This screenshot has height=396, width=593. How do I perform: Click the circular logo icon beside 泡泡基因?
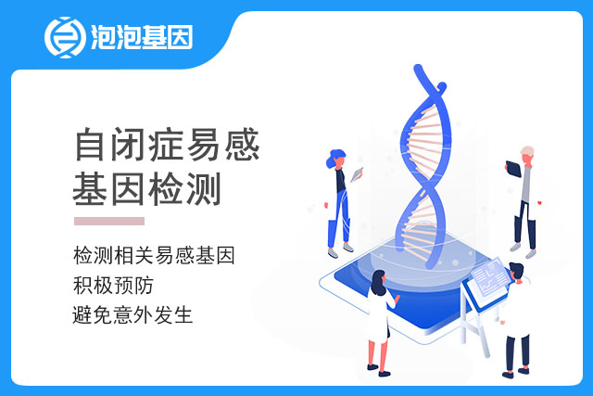[x=65, y=37]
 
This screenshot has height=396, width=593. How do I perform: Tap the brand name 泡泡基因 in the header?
[x=142, y=37]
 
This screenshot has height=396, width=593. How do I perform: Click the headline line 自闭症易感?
[x=167, y=145]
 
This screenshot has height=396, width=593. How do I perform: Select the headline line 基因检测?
[x=146, y=189]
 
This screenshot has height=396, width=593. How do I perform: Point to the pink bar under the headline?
[x=109, y=221]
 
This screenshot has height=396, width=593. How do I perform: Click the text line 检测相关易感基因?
[x=154, y=255]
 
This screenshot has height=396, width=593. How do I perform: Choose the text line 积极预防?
[x=113, y=285]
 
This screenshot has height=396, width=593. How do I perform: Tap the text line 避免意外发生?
[x=132, y=315]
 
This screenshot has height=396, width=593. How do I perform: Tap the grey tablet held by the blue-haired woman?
[x=357, y=174]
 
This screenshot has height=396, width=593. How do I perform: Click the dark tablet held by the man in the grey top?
[x=513, y=169]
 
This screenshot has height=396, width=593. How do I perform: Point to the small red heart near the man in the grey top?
[x=539, y=202]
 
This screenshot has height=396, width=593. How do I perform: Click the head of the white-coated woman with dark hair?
[x=379, y=281]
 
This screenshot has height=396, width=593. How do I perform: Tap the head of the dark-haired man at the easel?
[x=517, y=271]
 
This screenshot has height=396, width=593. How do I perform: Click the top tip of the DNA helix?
[x=418, y=68]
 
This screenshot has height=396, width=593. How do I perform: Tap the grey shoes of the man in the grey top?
[x=523, y=251]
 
